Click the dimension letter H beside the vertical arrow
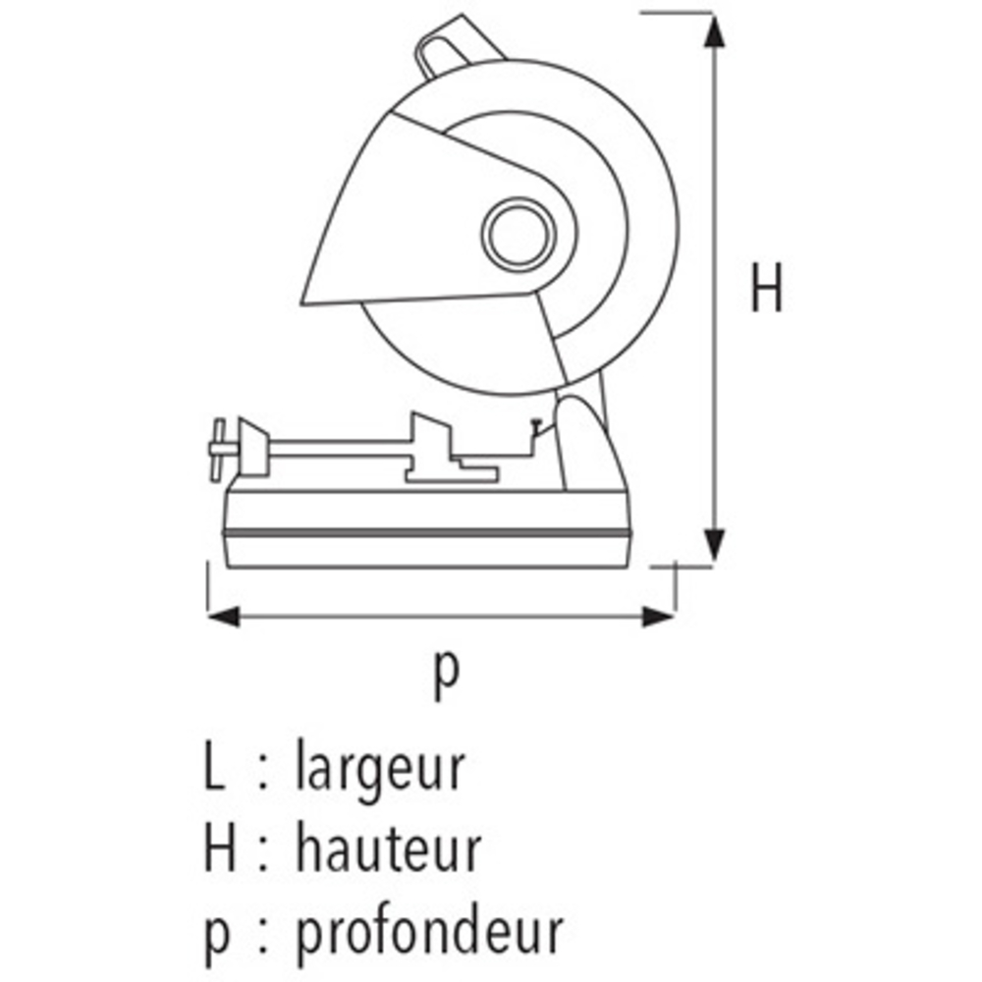pos(767,288)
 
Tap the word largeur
pos(379,768)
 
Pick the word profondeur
pos(430,933)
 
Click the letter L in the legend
pos(213,765)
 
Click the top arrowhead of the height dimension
pos(714,31)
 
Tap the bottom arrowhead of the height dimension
pos(714,545)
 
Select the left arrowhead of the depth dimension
pos(224,617)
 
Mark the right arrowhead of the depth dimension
pos(659,617)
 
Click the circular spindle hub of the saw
pos(518,235)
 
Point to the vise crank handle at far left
pos(218,450)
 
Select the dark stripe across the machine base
pos(427,533)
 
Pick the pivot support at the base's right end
pos(588,445)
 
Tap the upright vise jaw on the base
pos(431,446)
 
